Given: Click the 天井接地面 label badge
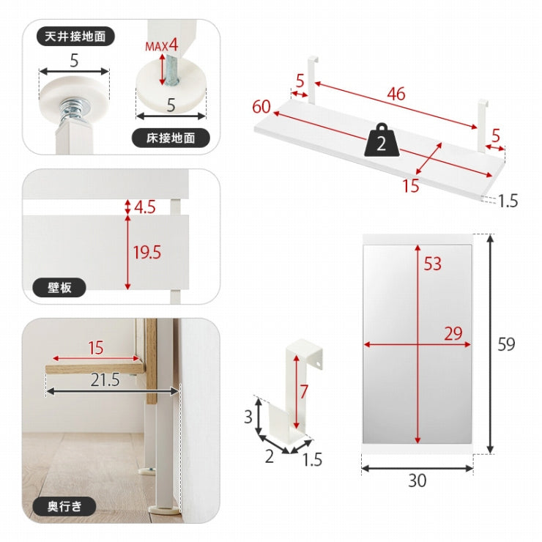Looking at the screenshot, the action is coord(75,37).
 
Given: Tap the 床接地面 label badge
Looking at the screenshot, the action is coord(171,138).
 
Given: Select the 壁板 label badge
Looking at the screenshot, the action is coord(59,287).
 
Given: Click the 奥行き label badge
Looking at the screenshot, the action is coord(64,506).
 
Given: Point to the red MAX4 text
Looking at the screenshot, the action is coord(162,45).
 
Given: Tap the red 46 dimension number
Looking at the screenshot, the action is coord(396,94).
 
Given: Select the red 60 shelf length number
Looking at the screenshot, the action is coord(261,106).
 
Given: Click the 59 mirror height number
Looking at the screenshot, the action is coord(506,344).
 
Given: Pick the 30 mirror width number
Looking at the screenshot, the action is coord(417,480).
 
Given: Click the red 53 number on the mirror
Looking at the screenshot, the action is coord(433,264).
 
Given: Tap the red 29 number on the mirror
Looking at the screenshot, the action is coord(453,333).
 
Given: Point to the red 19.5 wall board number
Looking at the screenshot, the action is coord(147,253).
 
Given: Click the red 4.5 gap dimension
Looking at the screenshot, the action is coord(145,207).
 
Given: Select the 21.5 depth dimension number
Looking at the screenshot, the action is coord(105,380).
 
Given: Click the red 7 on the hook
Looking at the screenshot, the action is coord(303,392).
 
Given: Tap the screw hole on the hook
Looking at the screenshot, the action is coord(318,363).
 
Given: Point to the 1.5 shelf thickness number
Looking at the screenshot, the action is coord(508,201).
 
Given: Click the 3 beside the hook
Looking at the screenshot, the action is coord(248,417).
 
